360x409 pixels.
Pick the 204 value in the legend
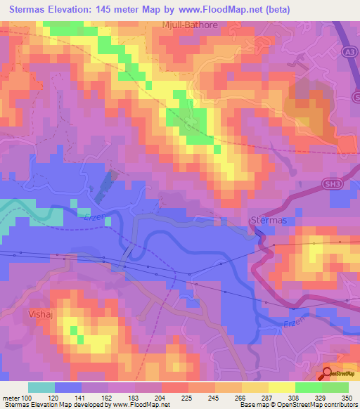161,398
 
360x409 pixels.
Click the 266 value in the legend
240,398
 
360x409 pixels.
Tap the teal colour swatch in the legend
41,387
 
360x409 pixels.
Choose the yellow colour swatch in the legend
281,387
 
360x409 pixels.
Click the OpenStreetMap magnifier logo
328,373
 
